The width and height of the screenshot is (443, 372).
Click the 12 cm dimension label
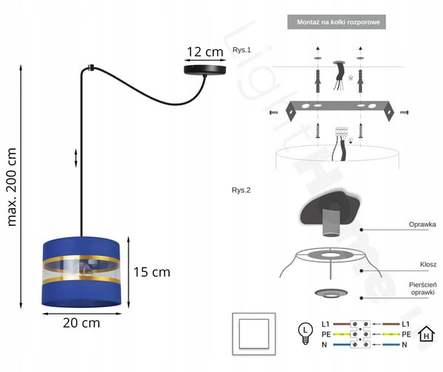point(205,52)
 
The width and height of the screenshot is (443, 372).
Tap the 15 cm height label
point(151,272)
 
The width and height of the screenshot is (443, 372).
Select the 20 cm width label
point(81,323)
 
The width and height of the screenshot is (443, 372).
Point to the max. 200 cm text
point(12,187)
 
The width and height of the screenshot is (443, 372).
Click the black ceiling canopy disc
point(205,70)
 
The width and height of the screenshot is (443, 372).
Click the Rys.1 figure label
point(241,50)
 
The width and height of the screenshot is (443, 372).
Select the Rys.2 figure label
point(241,190)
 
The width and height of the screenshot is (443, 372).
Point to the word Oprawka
point(422,224)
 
